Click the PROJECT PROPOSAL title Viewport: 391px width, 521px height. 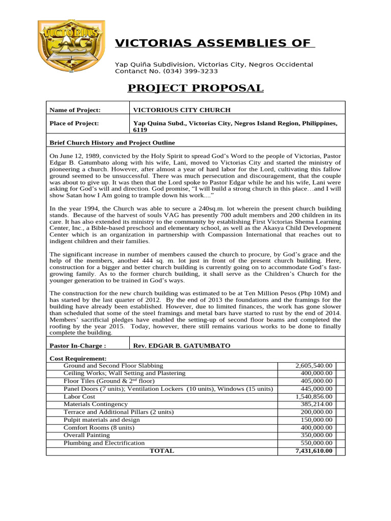195,88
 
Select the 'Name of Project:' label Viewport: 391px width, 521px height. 75,110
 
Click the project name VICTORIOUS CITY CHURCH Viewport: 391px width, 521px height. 182,110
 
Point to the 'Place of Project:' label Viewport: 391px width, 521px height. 74,123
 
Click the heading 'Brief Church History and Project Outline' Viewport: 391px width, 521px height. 112,142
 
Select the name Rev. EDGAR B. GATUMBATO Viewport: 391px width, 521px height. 181,345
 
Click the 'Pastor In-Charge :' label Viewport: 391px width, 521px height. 77,345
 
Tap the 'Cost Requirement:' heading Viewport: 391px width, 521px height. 78,359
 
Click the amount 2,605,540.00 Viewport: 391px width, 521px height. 314,366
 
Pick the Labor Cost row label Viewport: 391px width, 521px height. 79,396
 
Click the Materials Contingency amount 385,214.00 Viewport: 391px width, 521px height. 316,404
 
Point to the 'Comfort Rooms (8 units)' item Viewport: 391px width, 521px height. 95,427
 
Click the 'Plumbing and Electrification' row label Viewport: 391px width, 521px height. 104,443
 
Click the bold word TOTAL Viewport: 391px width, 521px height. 161,451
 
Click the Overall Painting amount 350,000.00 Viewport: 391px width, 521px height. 316,435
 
